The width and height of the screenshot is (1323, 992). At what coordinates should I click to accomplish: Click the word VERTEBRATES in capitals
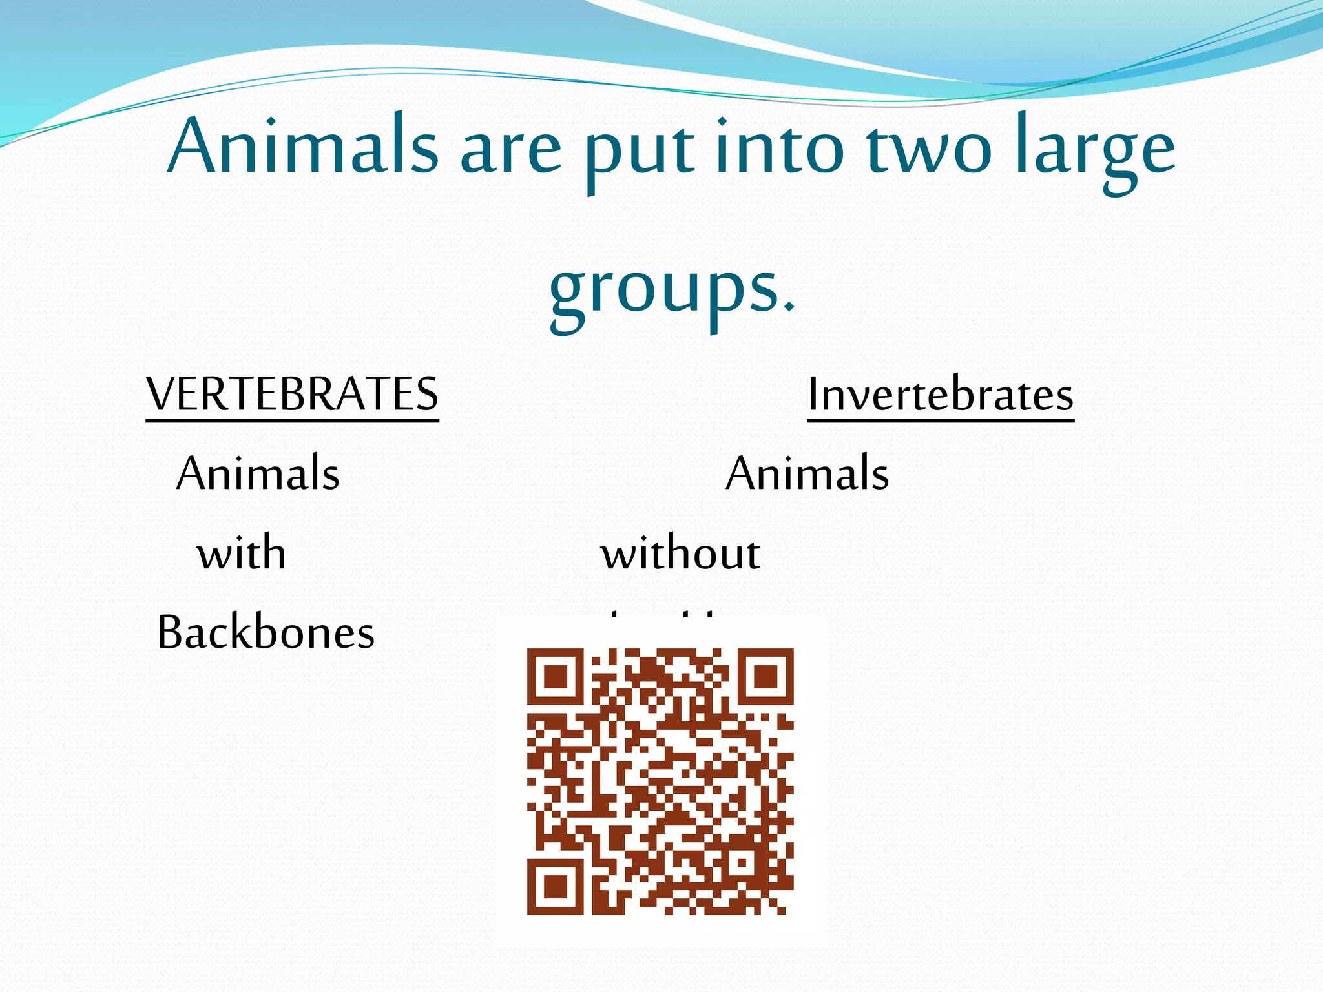292,393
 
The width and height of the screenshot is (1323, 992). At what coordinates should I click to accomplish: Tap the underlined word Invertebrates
941,394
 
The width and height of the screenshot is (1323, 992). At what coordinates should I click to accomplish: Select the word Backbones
266,632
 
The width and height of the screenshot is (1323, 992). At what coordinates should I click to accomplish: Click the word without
680,553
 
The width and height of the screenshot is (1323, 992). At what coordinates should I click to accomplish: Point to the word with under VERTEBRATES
242,553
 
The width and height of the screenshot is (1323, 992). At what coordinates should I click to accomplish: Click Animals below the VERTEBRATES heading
258,473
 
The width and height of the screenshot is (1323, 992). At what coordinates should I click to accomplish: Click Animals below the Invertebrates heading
807,473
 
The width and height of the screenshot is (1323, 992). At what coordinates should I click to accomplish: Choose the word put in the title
640,152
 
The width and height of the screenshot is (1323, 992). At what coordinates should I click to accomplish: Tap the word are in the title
510,152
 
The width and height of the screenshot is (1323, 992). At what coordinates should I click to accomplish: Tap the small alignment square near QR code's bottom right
742,862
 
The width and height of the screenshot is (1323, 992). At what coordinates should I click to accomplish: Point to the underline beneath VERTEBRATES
292,420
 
